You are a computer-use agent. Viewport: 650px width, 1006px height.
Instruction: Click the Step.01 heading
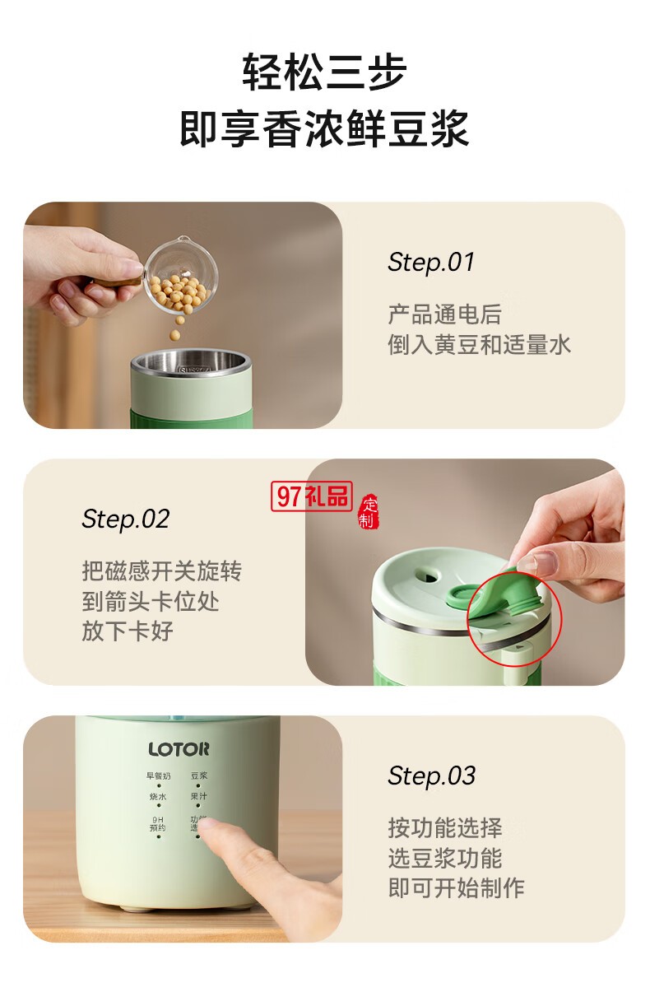click(x=431, y=263)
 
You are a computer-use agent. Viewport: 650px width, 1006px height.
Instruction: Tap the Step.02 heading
click(x=125, y=519)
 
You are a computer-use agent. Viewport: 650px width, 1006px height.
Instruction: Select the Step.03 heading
click(x=431, y=776)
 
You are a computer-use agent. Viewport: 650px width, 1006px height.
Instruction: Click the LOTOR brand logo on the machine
click(x=179, y=749)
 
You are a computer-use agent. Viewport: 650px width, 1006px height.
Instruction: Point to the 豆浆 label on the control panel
click(x=199, y=775)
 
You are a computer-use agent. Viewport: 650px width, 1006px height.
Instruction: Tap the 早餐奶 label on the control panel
click(x=158, y=775)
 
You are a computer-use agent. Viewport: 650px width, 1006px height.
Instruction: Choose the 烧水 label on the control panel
click(x=158, y=797)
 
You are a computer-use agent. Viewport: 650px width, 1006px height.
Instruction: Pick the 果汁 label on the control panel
click(x=199, y=797)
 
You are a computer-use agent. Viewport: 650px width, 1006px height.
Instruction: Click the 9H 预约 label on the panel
click(x=158, y=823)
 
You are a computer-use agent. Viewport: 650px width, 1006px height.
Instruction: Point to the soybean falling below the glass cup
click(x=174, y=335)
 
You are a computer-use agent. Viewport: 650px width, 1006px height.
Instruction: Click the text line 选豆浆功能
click(x=444, y=858)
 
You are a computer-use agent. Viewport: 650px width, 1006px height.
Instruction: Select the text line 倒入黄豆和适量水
click(x=479, y=345)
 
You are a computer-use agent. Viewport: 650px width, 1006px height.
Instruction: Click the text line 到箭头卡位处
click(x=151, y=601)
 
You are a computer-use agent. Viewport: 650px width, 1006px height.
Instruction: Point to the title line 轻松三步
click(x=324, y=72)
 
